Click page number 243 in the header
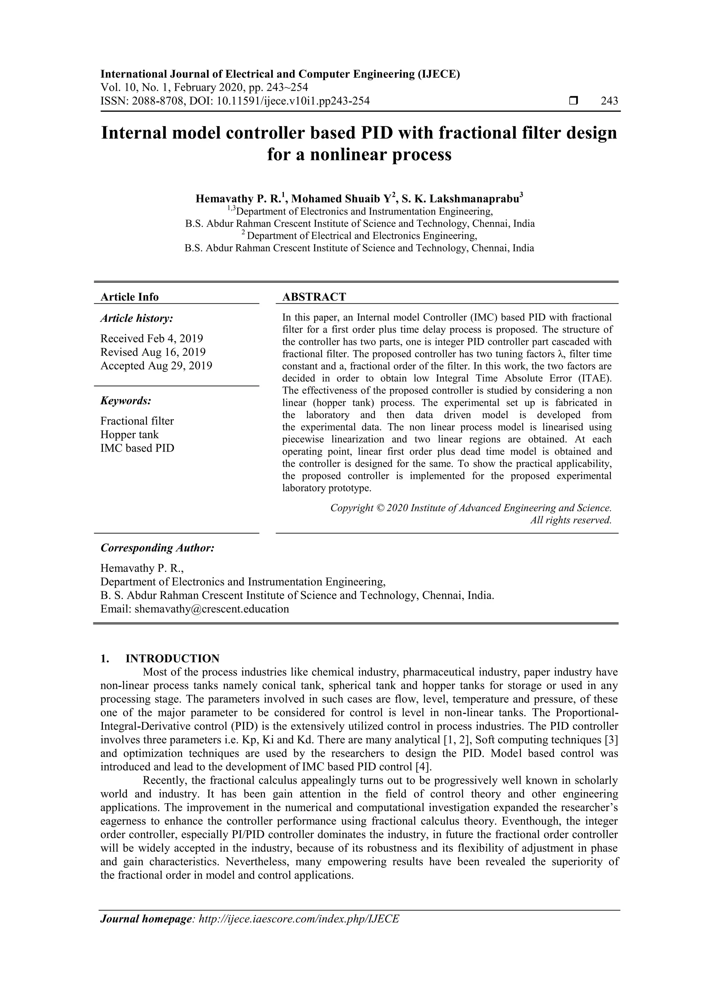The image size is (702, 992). pos(609,101)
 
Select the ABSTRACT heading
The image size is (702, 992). pos(314,297)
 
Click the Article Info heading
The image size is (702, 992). pos(129,297)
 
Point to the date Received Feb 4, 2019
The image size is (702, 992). pos(152,338)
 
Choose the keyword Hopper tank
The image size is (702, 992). pos(129,434)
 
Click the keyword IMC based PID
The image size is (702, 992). pos(137,448)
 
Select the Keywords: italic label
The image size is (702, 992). pos(126,401)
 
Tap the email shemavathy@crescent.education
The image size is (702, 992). pos(211,609)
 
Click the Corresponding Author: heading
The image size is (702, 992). pos(157,548)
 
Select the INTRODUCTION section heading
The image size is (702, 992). pos(172,658)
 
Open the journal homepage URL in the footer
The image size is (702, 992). pos(299,919)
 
